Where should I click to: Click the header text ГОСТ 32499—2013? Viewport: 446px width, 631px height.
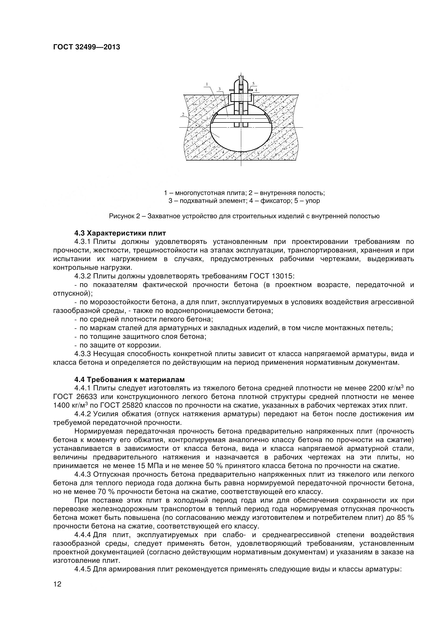tap(87, 47)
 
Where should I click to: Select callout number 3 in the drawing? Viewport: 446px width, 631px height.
tap(219, 89)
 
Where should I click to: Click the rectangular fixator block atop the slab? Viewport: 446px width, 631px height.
tap(241, 98)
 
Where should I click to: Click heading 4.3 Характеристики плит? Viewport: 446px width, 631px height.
tap(120, 233)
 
